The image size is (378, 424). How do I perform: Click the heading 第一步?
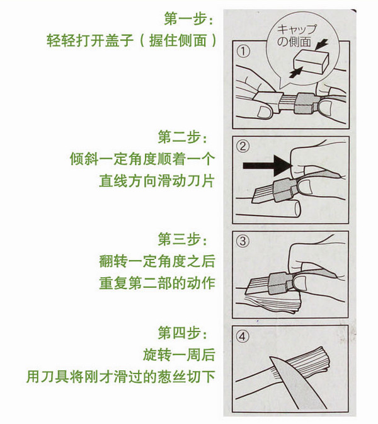pos(188,19)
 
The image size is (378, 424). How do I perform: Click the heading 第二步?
pos(183,137)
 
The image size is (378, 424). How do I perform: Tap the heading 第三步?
pos(183,239)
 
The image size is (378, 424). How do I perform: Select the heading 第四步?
pos(183,333)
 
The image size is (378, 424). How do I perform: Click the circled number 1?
pos(243,51)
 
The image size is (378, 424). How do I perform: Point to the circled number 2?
pos(243,146)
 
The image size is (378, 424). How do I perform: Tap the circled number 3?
pos(243,241)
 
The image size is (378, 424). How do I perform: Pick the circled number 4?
pos(243,336)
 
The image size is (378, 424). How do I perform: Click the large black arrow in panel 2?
pos(266,165)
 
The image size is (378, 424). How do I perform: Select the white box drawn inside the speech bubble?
pos(311,62)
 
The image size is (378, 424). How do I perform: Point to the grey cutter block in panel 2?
pos(287,190)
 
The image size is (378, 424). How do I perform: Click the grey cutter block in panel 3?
pos(280,284)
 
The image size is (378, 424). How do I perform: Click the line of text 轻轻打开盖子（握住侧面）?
pos(132,40)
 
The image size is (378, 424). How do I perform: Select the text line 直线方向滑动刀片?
pos(156,181)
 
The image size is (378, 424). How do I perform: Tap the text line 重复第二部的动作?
pos(157,283)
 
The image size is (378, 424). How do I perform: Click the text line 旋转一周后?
pos(179,355)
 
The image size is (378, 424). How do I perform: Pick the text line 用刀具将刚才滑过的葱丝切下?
pos(120,376)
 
